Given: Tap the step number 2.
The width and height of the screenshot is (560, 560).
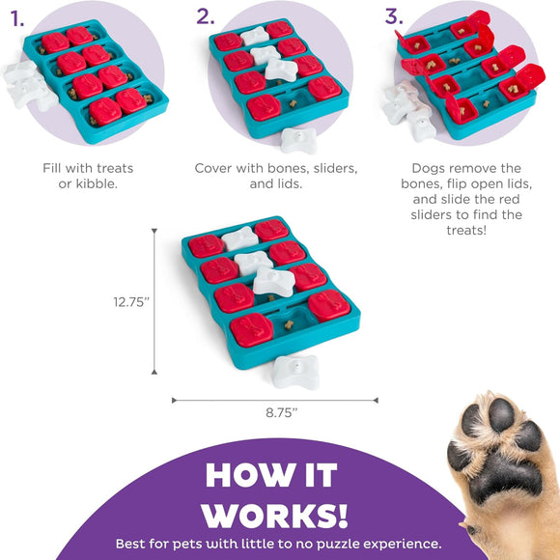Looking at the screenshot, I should point(205,16).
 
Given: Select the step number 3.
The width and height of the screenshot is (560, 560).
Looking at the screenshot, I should point(393,16).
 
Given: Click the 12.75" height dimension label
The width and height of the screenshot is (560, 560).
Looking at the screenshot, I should point(130,301).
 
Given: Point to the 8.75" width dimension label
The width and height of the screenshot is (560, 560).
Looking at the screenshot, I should point(281,412).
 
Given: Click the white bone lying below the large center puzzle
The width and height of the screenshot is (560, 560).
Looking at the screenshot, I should point(295,371).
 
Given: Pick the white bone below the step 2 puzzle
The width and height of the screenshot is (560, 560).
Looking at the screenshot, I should point(300,138).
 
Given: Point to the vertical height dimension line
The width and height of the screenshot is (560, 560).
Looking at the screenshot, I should point(154,300).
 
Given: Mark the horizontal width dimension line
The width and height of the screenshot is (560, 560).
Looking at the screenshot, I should point(275,399).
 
